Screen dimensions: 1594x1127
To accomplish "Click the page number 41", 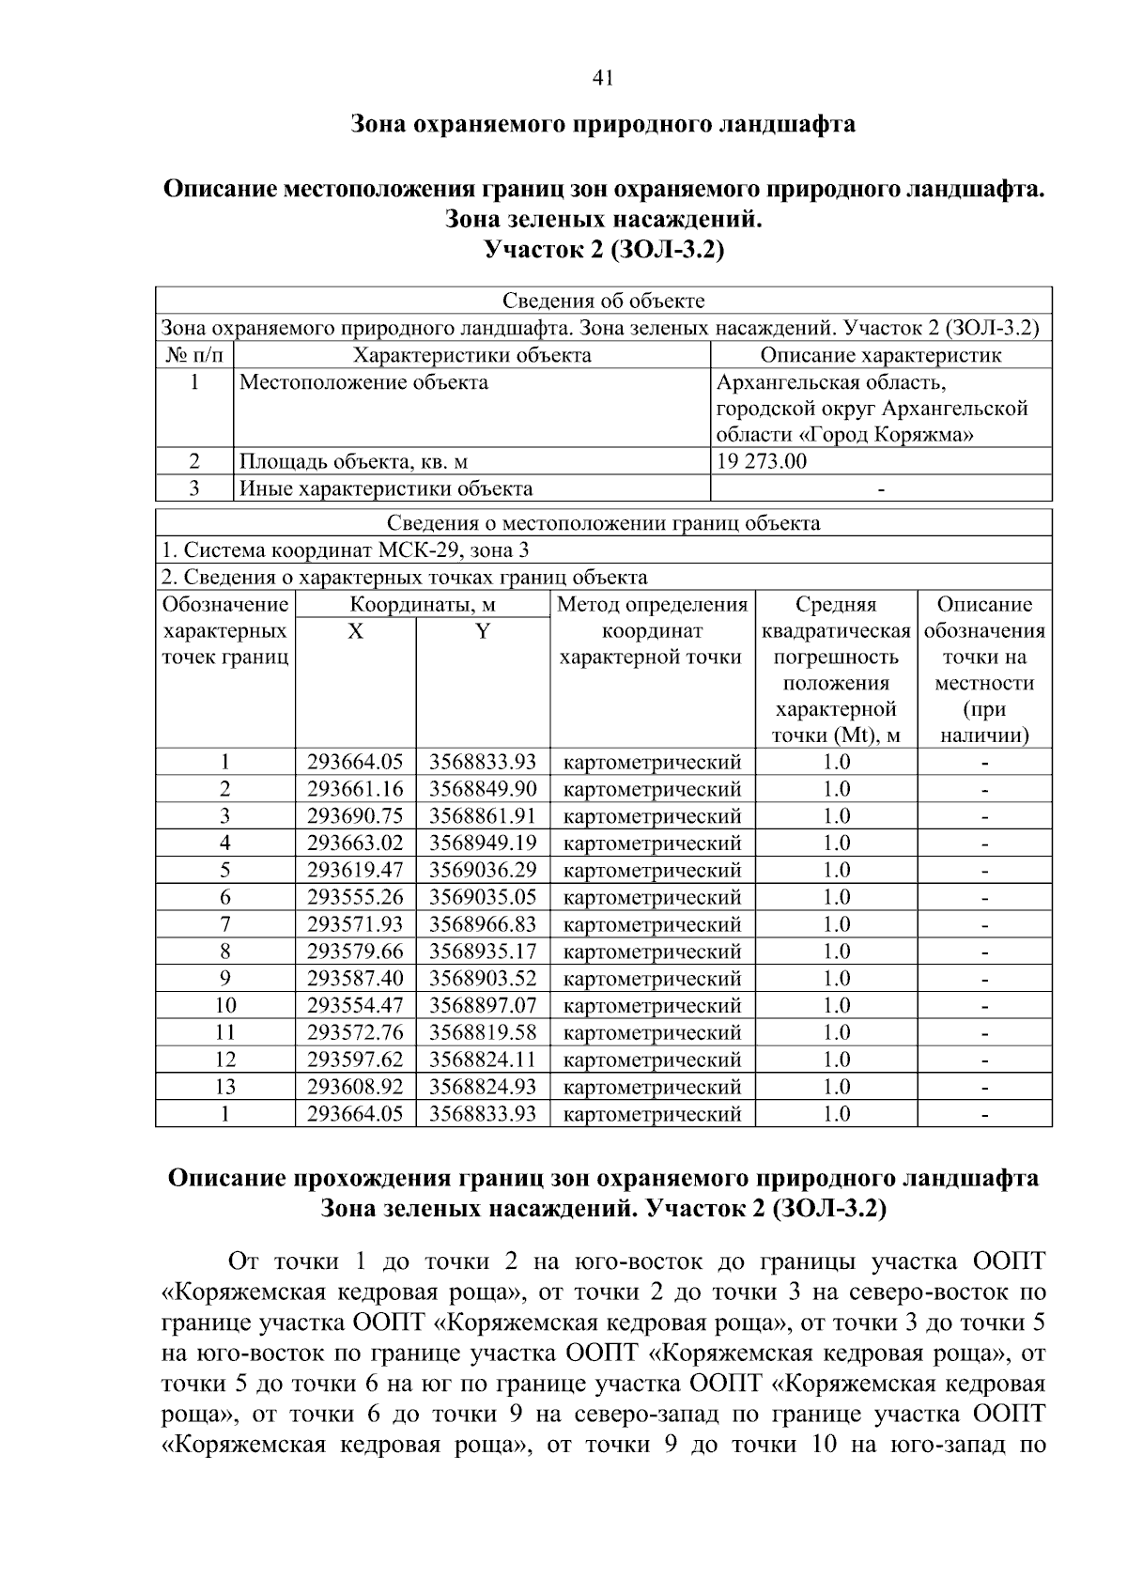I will [603, 79].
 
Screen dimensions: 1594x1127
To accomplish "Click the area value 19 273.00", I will [762, 461].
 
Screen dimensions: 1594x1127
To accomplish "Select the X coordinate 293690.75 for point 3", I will [355, 815].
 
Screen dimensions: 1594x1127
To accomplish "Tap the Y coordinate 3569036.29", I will [483, 870].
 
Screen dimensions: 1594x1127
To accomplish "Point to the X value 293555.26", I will [355, 897].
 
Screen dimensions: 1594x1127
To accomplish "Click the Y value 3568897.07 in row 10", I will [483, 1006].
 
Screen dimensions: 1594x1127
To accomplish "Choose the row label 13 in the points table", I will [225, 1087].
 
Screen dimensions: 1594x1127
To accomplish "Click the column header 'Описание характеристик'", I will [880, 355].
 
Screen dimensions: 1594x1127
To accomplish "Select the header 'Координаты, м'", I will [422, 605].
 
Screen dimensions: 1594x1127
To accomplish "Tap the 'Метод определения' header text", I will [652, 605].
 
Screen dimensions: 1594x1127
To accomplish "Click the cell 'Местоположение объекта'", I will [364, 382].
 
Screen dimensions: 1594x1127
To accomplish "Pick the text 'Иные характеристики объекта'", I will [386, 488].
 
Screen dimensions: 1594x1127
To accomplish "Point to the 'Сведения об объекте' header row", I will [603, 301].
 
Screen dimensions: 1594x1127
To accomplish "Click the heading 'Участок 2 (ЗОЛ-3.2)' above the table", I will [603, 251].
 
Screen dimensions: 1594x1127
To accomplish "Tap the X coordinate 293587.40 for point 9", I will [355, 979].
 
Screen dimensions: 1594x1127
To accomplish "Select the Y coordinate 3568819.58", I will [483, 1033].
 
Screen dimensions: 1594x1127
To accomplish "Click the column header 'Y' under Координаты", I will [483, 631].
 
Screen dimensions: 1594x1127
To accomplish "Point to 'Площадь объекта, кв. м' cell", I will [354, 461].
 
